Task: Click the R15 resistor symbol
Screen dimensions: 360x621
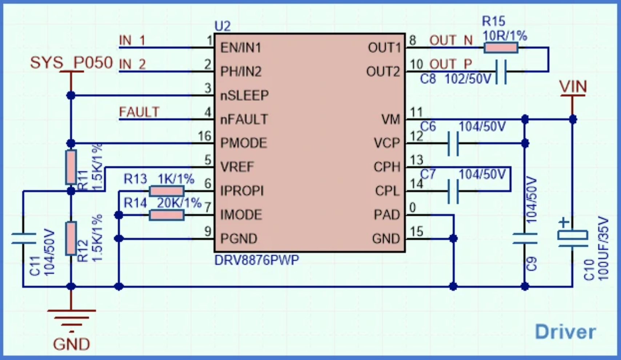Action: pyautogui.click(x=501, y=48)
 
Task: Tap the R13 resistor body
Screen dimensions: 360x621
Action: pyautogui.click(x=167, y=191)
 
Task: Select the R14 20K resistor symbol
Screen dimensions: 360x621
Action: pyautogui.click(x=167, y=215)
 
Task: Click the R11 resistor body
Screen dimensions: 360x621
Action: pyautogui.click(x=71, y=167)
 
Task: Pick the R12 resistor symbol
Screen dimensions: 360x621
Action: pyautogui.click(x=71, y=238)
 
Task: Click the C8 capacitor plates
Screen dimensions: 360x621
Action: pyautogui.click(x=501, y=72)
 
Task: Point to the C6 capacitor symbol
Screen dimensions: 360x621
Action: pyautogui.click(x=453, y=143)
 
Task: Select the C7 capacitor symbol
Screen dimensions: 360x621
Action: pyautogui.click(x=453, y=191)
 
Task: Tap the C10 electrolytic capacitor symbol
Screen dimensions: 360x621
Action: pyautogui.click(x=573, y=236)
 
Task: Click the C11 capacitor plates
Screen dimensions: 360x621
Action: pyautogui.click(x=24, y=239)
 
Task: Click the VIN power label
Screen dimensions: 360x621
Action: pyautogui.click(x=573, y=87)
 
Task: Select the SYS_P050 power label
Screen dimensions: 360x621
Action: pyautogui.click(x=71, y=63)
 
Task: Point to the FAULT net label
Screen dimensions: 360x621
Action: pyautogui.click(x=139, y=112)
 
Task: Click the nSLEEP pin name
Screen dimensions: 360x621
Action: pyautogui.click(x=244, y=96)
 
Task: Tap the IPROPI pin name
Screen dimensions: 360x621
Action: pyautogui.click(x=242, y=191)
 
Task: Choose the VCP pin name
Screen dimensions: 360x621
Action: pyautogui.click(x=386, y=143)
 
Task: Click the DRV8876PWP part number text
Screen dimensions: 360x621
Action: pyautogui.click(x=257, y=260)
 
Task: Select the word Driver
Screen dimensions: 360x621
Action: pyautogui.click(x=565, y=332)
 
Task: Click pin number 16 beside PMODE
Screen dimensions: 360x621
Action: pyautogui.click(x=204, y=136)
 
